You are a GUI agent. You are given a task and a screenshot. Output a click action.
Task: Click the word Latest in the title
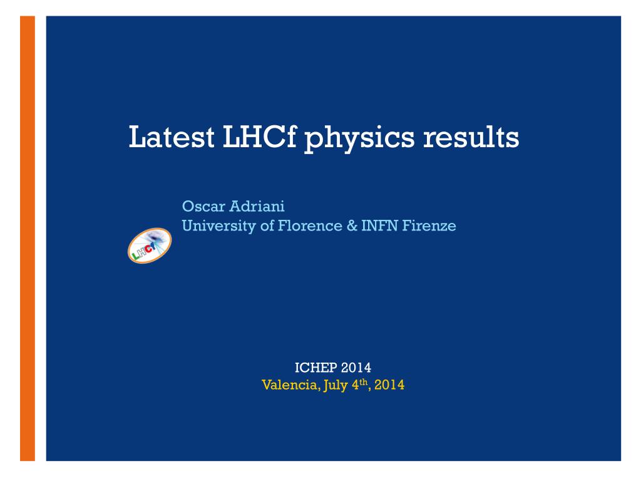(x=172, y=137)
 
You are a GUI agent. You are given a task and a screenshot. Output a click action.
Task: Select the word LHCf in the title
(x=259, y=137)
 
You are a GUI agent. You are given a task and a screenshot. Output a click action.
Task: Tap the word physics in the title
(x=359, y=139)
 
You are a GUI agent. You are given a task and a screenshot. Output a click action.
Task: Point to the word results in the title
(x=471, y=137)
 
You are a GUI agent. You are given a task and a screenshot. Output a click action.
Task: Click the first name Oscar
(x=203, y=206)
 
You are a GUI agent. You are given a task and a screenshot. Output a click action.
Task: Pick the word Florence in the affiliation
(x=310, y=225)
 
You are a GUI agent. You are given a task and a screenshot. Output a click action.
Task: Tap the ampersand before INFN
(x=352, y=225)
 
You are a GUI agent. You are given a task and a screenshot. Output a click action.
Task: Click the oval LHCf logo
(x=150, y=246)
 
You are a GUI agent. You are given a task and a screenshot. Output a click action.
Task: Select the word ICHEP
(x=315, y=368)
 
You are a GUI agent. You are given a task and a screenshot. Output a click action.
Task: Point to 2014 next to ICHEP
(x=356, y=368)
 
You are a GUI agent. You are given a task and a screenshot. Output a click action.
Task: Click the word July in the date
(x=336, y=386)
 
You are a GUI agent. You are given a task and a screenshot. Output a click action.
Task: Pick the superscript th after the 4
(x=364, y=382)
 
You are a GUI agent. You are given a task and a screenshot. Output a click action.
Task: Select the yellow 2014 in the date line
(x=389, y=385)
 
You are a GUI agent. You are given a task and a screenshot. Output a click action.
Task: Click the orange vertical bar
(x=28, y=239)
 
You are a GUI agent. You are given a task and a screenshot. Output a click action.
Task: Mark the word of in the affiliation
(x=267, y=225)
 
